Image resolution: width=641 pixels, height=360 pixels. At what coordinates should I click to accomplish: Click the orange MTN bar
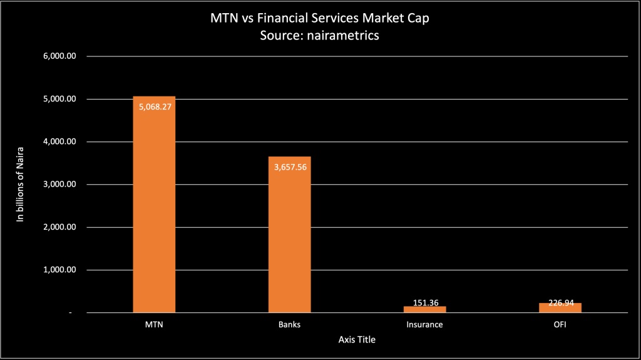[154, 207]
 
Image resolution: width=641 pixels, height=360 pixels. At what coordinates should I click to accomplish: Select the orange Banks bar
[289, 238]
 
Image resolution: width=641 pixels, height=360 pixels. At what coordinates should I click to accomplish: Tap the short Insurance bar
[424, 309]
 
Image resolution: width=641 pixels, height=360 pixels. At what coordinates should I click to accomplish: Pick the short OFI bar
[560, 307]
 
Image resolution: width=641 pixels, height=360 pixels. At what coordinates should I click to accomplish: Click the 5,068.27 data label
[154, 106]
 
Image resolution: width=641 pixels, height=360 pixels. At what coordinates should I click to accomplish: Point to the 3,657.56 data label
[289, 167]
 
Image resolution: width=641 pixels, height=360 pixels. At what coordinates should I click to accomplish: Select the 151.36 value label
[424, 302]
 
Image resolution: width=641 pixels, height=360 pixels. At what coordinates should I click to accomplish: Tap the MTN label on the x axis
[154, 325]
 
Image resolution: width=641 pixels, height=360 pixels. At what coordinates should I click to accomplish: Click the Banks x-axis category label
[289, 325]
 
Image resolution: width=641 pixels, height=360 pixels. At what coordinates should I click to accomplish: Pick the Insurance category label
[424, 325]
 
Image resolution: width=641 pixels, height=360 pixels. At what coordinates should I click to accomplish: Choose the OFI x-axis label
[560, 325]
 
